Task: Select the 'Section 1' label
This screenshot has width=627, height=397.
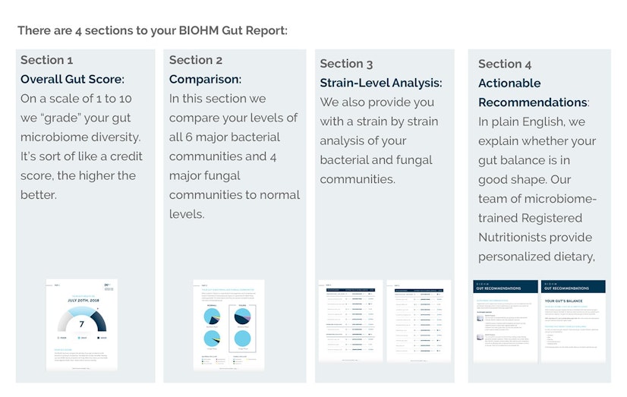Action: (x=47, y=60)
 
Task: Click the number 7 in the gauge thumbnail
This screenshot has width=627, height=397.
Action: (x=81, y=324)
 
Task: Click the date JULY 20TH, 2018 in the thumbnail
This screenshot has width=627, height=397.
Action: (x=81, y=300)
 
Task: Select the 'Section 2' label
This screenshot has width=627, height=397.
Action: (x=196, y=60)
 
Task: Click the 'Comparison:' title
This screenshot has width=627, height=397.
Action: (x=205, y=79)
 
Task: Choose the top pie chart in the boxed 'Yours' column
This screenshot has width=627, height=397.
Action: (x=242, y=316)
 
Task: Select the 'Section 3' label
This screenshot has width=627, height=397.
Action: (x=347, y=64)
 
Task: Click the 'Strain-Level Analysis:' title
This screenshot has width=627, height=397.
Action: (x=381, y=83)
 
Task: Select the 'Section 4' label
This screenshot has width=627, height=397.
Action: (x=505, y=64)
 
